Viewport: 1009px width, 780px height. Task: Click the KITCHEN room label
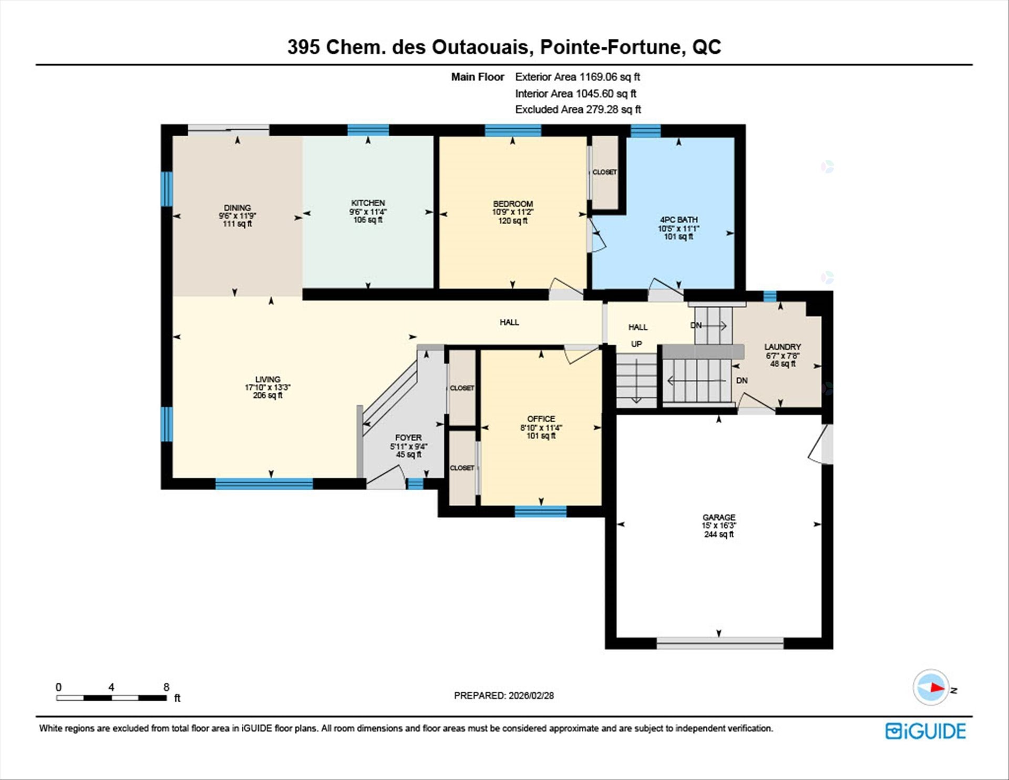[x=368, y=203]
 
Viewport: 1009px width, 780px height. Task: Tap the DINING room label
[x=237, y=208]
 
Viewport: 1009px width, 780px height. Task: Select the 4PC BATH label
[x=678, y=220]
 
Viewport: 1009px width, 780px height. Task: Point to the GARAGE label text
[x=719, y=518]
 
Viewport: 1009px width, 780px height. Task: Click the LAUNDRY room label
[x=783, y=347]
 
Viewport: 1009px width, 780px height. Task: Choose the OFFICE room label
[x=541, y=419]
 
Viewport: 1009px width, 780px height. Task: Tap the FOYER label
[x=408, y=438]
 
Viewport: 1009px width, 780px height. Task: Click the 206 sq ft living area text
[x=267, y=396]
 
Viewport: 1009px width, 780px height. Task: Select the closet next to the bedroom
[x=605, y=173]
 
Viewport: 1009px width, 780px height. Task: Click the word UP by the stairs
[x=636, y=344]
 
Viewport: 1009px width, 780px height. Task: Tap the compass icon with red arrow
[x=931, y=687]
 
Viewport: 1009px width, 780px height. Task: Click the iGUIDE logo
[x=925, y=731]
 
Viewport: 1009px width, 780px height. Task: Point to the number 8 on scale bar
[x=166, y=687]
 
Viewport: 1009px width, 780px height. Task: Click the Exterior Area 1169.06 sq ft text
[x=577, y=77]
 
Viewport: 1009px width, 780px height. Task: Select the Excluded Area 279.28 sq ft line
[x=578, y=109]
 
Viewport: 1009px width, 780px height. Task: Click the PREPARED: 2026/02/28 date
[x=503, y=695]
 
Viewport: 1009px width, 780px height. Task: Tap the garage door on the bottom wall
[x=719, y=643]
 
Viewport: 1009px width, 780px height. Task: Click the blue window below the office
[x=540, y=511]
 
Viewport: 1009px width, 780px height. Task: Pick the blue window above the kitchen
[x=368, y=130]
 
